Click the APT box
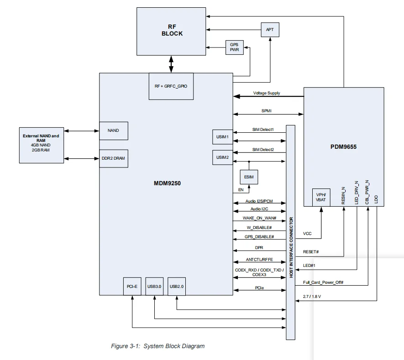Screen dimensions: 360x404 click(270, 30)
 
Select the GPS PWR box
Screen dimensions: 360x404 click(235, 47)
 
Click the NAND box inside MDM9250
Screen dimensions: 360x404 click(113, 130)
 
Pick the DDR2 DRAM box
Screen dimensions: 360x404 click(113, 158)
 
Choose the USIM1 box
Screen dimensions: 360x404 click(222, 137)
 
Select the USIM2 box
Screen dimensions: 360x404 click(222, 157)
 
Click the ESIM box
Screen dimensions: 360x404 click(249, 177)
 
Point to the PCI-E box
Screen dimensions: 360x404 click(132, 287)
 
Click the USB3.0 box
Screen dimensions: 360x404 click(154, 287)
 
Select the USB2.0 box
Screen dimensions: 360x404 click(177, 287)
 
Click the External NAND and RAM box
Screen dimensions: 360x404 click(41, 144)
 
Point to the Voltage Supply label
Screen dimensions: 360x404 click(267, 93)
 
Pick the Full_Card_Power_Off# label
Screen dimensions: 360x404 click(323, 282)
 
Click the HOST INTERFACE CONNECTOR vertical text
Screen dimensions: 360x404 click(291, 247)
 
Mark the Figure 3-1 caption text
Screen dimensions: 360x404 click(158, 346)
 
